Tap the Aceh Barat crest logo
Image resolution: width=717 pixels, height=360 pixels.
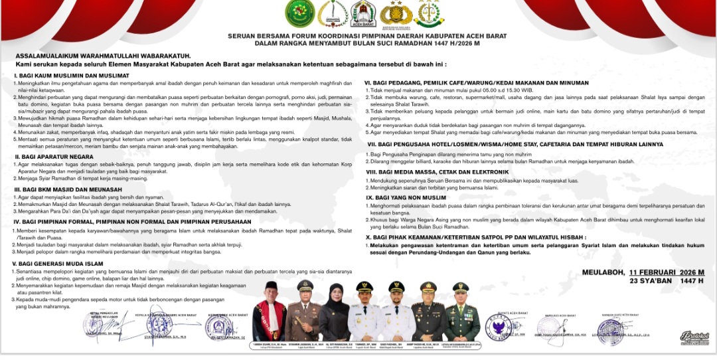pyautogui.click(x=363, y=13)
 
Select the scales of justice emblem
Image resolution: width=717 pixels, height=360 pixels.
pyautogui.click(x=429, y=13)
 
